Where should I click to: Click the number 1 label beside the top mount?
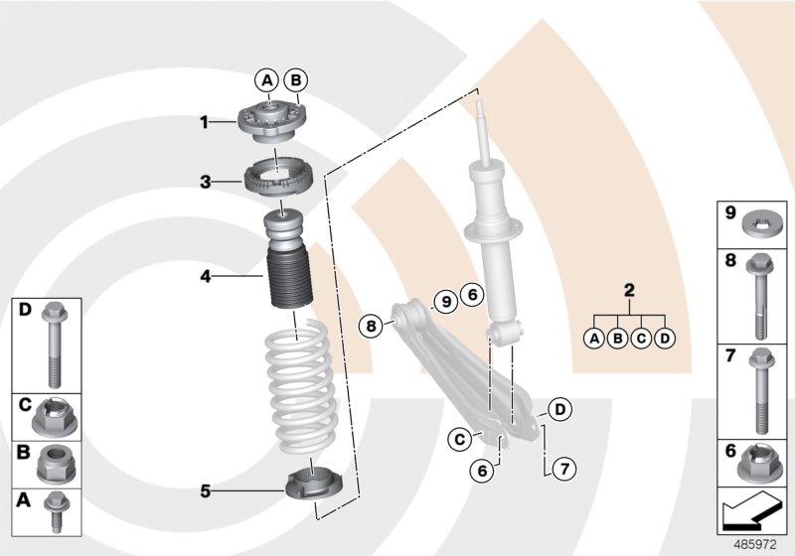[x=204, y=122]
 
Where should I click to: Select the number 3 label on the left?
[x=204, y=182]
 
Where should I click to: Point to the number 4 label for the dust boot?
[x=204, y=276]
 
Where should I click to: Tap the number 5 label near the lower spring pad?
[x=204, y=489]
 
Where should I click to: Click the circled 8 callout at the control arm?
[x=371, y=324]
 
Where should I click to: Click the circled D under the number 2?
[x=665, y=338]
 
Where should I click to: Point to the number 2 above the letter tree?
[x=628, y=291]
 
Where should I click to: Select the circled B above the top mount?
[x=295, y=79]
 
